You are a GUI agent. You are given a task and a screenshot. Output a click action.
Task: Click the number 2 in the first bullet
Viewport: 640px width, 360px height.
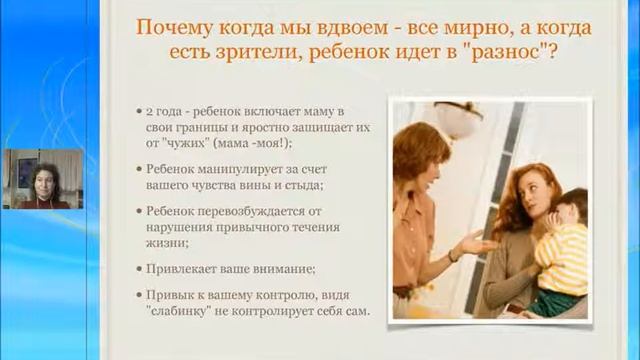pyautogui.click(x=148, y=107)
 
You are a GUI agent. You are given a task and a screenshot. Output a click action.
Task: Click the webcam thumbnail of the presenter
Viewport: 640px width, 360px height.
pyautogui.click(x=42, y=179)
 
